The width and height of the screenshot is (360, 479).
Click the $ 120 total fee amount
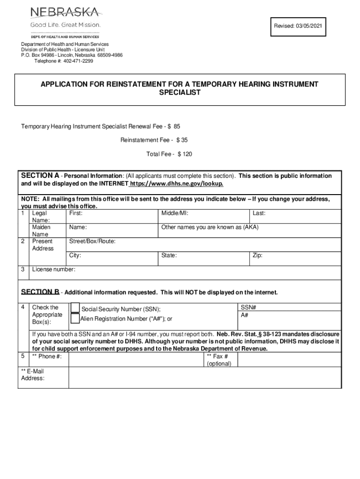pyautogui.click(x=185, y=154)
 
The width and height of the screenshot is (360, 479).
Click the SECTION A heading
pyautogui.click(x=40, y=176)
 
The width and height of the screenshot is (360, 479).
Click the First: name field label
pyautogui.click(x=76, y=213)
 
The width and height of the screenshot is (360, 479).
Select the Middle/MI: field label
pyautogui.click(x=174, y=213)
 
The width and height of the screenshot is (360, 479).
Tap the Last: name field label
pyautogui.click(x=259, y=213)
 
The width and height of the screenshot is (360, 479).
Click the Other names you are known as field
pyautogui.click(x=209, y=227)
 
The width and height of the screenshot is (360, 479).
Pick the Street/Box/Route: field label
pyautogui.click(x=92, y=241)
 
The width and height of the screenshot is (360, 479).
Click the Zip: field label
pyautogui.click(x=258, y=255)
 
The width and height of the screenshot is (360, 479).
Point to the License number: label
pyautogui.click(x=53, y=269)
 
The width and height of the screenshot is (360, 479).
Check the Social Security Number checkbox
pyautogui.click(x=75, y=308)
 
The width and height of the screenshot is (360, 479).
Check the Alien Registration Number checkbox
pyautogui.click(x=75, y=319)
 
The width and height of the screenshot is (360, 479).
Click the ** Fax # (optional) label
pyautogui.click(x=219, y=360)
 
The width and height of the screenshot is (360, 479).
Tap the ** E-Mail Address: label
pyautogui.click(x=33, y=375)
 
